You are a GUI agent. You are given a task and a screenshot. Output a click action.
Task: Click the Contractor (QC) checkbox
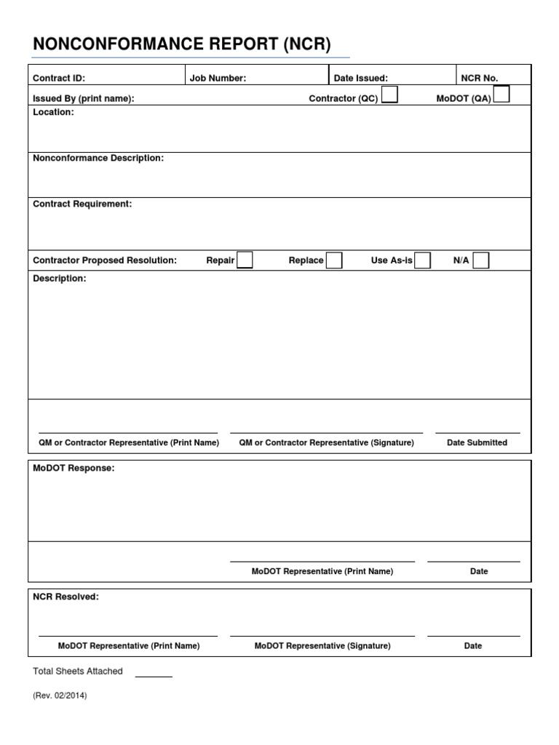[x=389, y=95]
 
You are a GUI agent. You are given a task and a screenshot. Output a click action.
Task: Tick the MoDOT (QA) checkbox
[x=501, y=95]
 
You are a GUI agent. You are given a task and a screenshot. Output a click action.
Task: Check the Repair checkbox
[x=245, y=260]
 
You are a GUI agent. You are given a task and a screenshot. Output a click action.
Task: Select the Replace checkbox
[x=334, y=260]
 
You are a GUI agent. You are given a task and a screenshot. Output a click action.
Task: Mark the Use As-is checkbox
[x=422, y=260]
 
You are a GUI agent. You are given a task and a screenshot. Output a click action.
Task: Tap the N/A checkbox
[x=480, y=260]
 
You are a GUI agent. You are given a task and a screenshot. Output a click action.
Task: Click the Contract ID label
[x=59, y=79]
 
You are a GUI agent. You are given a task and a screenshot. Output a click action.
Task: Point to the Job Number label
[x=218, y=79]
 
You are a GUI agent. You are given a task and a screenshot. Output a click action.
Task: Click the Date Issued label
[x=360, y=79]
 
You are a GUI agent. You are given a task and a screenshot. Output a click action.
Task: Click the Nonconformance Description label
[x=98, y=159]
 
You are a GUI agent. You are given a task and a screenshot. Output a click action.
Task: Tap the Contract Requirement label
[x=82, y=204]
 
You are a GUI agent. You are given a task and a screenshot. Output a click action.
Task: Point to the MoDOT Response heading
[x=74, y=469]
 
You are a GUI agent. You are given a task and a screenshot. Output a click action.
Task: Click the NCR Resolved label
[x=66, y=597]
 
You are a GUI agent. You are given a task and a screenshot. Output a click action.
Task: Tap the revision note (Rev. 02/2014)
[x=60, y=696]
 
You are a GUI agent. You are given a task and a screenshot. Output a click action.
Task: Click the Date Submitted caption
[x=477, y=442]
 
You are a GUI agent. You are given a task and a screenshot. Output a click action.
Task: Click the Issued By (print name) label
[x=84, y=99]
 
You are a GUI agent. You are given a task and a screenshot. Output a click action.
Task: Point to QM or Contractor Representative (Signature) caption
[x=326, y=442]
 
